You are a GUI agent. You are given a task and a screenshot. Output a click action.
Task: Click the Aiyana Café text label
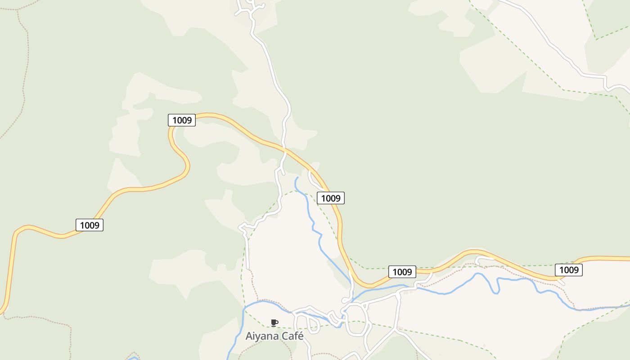click(x=274, y=336)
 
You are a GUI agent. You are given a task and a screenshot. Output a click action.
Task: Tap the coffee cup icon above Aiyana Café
click(x=274, y=323)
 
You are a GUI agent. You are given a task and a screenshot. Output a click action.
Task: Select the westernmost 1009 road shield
click(x=90, y=225)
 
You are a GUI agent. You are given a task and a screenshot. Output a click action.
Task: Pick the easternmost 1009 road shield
click(x=569, y=270)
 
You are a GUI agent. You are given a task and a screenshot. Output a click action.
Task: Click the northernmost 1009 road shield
click(x=182, y=120)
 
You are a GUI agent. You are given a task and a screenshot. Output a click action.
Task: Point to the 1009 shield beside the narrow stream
click(x=331, y=198)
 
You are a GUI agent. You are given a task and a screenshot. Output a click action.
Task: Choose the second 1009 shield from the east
click(x=402, y=272)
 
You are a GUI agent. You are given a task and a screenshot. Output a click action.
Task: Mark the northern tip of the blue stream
click(x=297, y=178)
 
